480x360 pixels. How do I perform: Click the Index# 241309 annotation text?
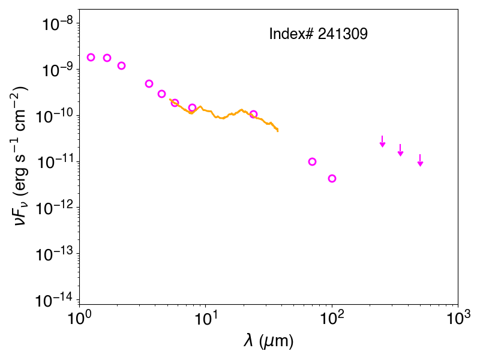318,34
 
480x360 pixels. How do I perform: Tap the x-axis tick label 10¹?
206,319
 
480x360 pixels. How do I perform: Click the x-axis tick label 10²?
332,319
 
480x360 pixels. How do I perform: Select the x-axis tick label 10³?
458,319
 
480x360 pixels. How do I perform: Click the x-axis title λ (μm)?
268,341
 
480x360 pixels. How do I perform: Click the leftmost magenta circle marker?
91,57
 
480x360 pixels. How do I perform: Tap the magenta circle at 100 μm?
332,178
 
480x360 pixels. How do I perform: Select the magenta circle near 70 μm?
312,161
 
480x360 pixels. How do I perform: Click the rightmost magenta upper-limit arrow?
421,160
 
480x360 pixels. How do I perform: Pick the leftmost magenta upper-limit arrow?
382,141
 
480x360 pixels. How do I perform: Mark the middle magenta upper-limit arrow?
400,150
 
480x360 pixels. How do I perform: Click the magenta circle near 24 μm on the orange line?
253,115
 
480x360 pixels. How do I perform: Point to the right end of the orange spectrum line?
278,131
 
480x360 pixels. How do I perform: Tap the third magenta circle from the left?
122,66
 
